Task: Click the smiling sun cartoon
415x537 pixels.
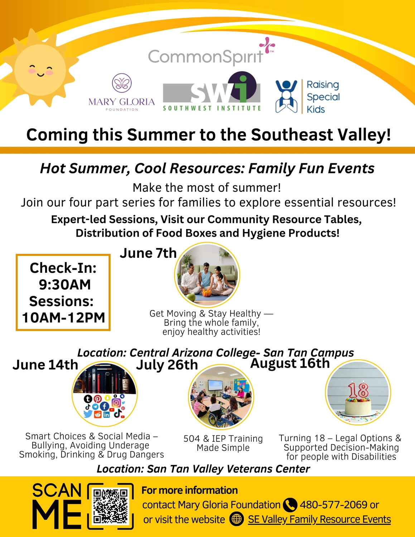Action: coord(40,68)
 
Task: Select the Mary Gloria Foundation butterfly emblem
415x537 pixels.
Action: coord(122,83)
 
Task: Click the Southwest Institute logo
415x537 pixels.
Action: coord(212,91)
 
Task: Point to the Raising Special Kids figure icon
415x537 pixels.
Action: coord(286,96)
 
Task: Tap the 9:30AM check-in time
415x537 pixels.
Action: coord(65,285)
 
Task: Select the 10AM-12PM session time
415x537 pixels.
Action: coord(63,318)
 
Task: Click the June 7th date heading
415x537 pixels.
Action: coord(148,253)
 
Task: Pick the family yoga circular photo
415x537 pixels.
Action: coord(207,275)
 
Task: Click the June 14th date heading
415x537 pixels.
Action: coord(45,365)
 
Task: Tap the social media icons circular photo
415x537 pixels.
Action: coord(105,394)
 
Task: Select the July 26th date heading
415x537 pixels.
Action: coord(167,365)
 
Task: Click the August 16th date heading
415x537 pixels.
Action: coord(290,363)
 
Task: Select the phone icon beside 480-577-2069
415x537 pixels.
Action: coord(290,505)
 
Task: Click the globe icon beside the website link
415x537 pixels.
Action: coord(236,519)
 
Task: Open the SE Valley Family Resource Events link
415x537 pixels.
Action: coord(319,519)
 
